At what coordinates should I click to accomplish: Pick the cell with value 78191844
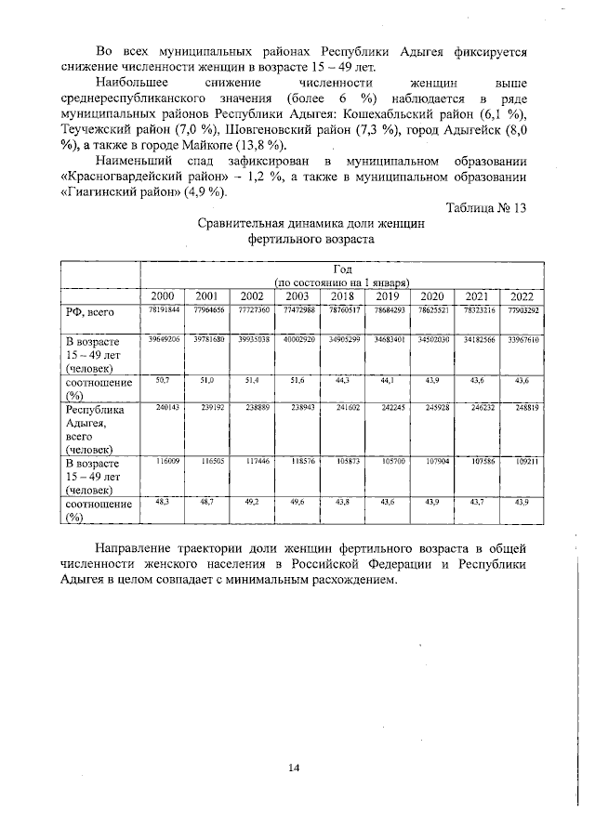click(x=162, y=309)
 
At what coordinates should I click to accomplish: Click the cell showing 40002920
click(x=298, y=343)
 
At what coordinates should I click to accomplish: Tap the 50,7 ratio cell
click(x=162, y=380)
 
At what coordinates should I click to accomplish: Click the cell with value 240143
click(x=162, y=408)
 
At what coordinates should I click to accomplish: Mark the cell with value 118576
click(x=298, y=460)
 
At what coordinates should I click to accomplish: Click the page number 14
click(x=294, y=767)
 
